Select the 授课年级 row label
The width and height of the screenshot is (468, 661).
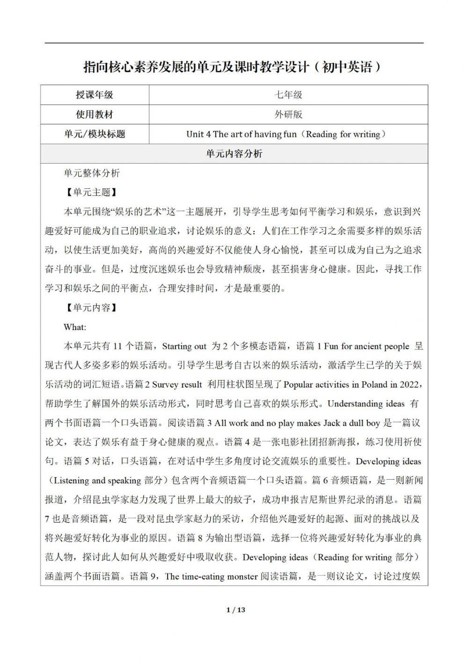95,95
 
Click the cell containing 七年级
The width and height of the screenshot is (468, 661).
288,95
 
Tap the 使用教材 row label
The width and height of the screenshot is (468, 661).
95,115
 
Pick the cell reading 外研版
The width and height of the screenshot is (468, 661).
288,115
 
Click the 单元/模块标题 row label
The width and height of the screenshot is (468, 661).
95,134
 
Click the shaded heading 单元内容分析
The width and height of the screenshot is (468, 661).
234,154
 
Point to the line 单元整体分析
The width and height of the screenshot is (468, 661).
92,173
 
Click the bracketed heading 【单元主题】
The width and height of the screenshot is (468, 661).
89,193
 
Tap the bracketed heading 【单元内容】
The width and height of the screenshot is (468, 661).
89,308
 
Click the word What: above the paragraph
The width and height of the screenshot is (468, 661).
75,327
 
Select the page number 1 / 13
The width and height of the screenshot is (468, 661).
235,610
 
